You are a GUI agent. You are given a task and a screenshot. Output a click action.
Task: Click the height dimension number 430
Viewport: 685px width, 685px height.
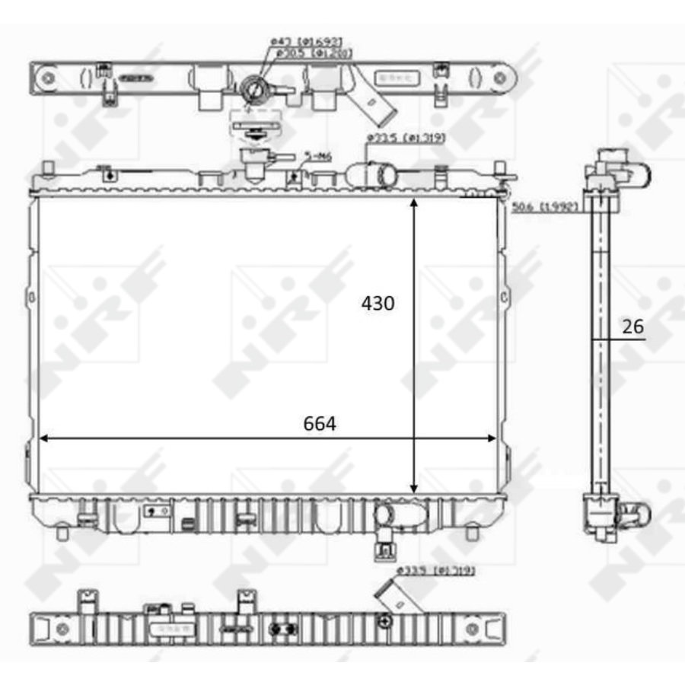[378, 304]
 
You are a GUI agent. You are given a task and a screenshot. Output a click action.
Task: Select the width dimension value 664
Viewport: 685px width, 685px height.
[320, 423]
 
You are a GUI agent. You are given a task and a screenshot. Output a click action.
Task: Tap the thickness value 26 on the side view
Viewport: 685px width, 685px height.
[632, 327]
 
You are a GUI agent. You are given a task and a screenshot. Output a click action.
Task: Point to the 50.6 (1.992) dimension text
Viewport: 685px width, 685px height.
[546, 206]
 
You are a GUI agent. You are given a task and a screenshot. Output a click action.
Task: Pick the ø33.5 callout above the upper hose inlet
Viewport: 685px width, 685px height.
[405, 138]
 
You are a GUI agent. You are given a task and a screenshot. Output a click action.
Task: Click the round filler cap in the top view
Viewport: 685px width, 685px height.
[253, 89]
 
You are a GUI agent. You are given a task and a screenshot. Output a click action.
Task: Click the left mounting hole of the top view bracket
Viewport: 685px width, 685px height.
[47, 77]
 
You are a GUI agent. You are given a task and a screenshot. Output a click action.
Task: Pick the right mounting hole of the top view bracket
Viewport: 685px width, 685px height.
[500, 77]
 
